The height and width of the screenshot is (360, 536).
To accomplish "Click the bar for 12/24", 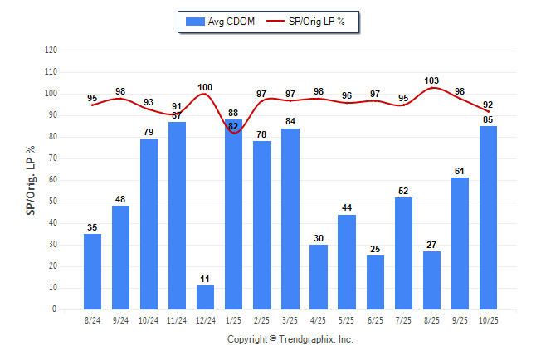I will (x=206, y=297).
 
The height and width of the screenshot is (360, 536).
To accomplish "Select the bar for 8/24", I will (x=93, y=271).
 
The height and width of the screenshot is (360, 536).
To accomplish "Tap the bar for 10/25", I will (x=488, y=217).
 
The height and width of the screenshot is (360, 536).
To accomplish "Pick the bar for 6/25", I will (x=375, y=282).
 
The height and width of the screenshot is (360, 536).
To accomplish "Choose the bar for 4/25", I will (x=319, y=277).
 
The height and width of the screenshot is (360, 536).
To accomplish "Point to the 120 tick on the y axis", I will (x=51, y=51).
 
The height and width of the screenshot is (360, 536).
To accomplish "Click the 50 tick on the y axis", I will (x=52, y=202).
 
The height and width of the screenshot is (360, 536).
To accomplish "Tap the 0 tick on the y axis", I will (x=55, y=309).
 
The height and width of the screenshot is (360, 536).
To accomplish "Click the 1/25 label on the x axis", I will (x=234, y=319).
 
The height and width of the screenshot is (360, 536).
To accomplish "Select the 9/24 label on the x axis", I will (x=121, y=319).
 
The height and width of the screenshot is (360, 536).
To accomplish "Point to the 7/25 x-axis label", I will (x=403, y=319).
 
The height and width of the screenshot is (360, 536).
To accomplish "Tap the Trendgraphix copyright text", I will (x=290, y=339).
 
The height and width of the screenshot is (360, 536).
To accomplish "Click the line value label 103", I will (x=431, y=80).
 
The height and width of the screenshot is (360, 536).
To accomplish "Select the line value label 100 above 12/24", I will (x=206, y=87).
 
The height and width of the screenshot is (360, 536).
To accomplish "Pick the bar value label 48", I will (x=121, y=199).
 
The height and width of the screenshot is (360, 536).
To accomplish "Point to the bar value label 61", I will (x=460, y=171).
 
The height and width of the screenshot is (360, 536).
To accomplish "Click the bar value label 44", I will (x=347, y=207).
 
